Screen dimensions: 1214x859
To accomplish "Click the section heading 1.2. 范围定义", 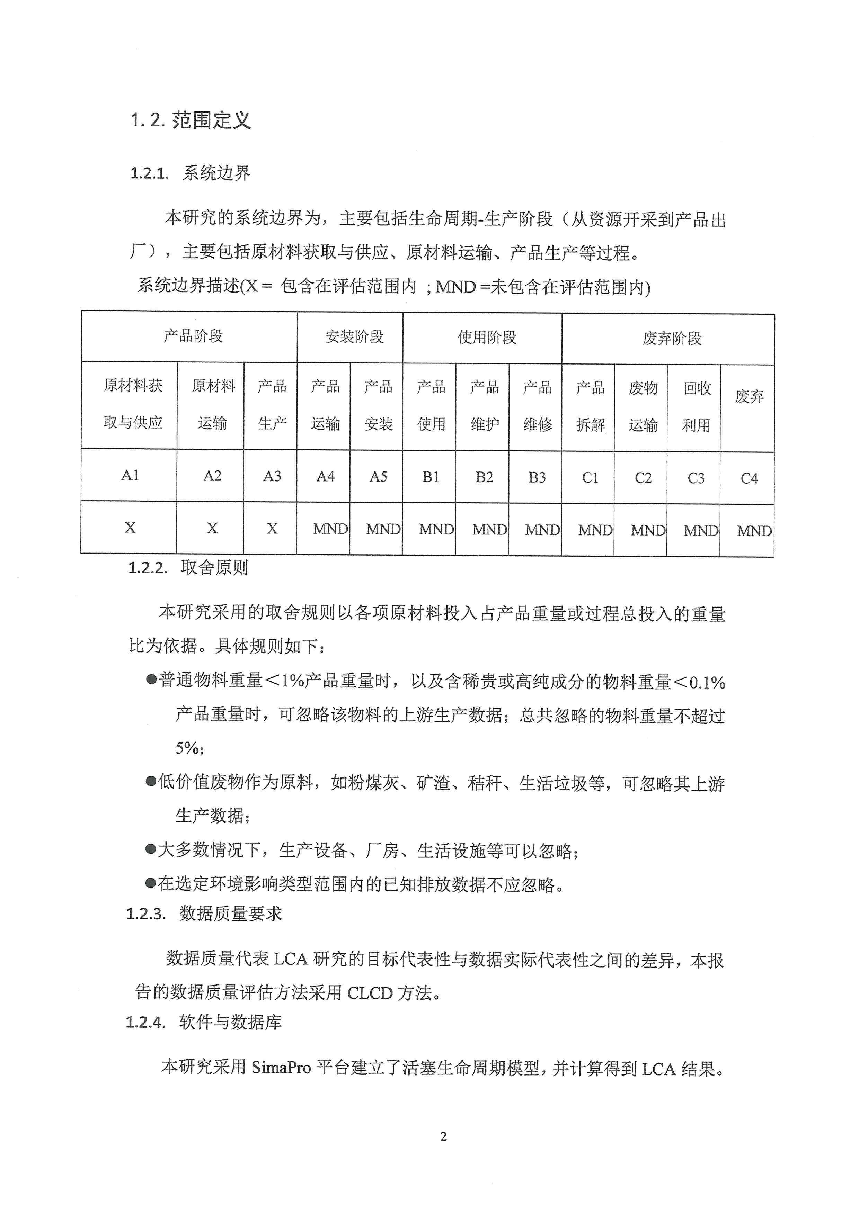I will click(191, 120).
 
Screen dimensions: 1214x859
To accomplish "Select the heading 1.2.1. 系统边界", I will click(191, 173).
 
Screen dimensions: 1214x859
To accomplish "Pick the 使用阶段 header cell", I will click(487, 338).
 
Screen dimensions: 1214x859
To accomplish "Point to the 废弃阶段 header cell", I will click(672, 339).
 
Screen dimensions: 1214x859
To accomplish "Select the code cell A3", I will click(272, 476).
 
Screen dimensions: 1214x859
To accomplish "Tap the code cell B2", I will click(484, 477).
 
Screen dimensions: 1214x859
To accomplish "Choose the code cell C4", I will click(749, 478).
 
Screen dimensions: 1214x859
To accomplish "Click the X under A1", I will click(130, 527).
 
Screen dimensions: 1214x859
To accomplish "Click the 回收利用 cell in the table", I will click(696, 407).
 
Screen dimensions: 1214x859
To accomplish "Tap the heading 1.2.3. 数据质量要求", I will click(204, 913).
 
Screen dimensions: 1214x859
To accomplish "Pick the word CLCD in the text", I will click(370, 993).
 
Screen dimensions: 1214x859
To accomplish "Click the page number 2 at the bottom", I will click(443, 1136).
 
